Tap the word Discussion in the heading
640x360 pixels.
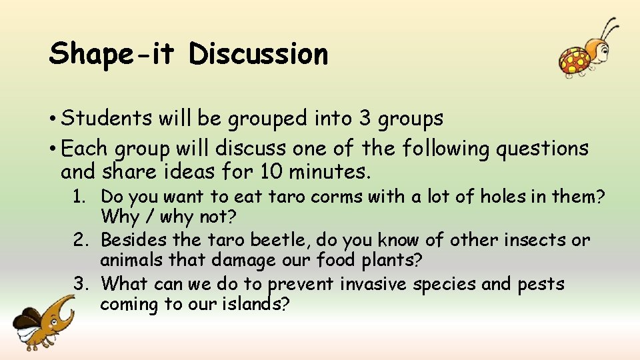(x=259, y=54)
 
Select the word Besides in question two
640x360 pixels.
(x=132, y=240)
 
